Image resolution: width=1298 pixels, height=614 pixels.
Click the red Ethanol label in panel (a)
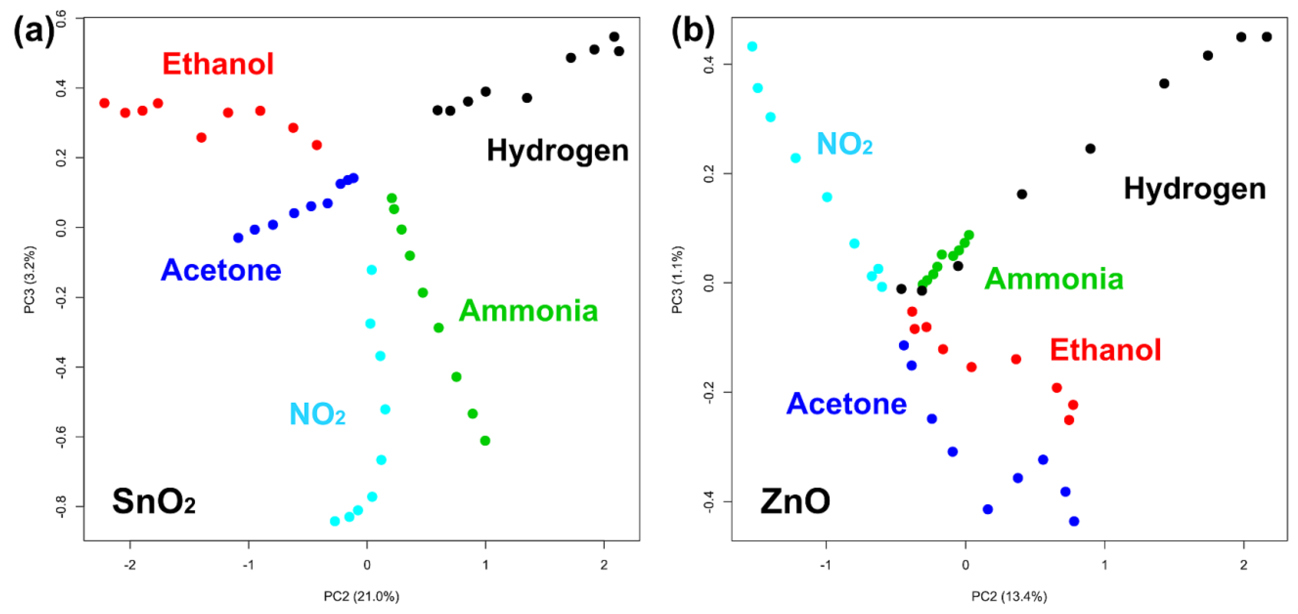tap(218, 64)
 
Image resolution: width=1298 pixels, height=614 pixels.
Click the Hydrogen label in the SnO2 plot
tap(557, 150)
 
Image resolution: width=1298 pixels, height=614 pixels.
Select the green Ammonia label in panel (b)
tap(1054, 279)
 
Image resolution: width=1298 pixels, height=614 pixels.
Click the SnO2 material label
tap(154, 501)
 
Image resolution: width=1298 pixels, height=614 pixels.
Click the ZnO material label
tap(795, 501)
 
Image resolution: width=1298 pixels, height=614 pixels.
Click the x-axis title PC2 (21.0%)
tap(361, 596)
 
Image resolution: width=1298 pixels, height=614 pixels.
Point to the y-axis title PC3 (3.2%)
tap(30, 279)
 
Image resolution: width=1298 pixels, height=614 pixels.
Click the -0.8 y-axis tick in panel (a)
tap(61, 506)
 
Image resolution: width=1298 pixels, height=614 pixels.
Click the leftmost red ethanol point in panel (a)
tap(104, 103)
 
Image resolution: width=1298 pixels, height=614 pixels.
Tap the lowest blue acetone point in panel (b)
tap(1074, 521)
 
